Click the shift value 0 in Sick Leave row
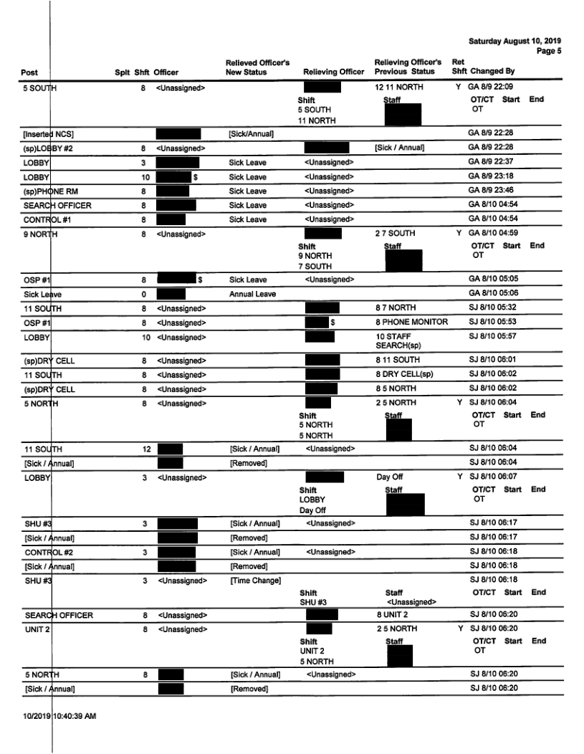pyautogui.click(x=144, y=294)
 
